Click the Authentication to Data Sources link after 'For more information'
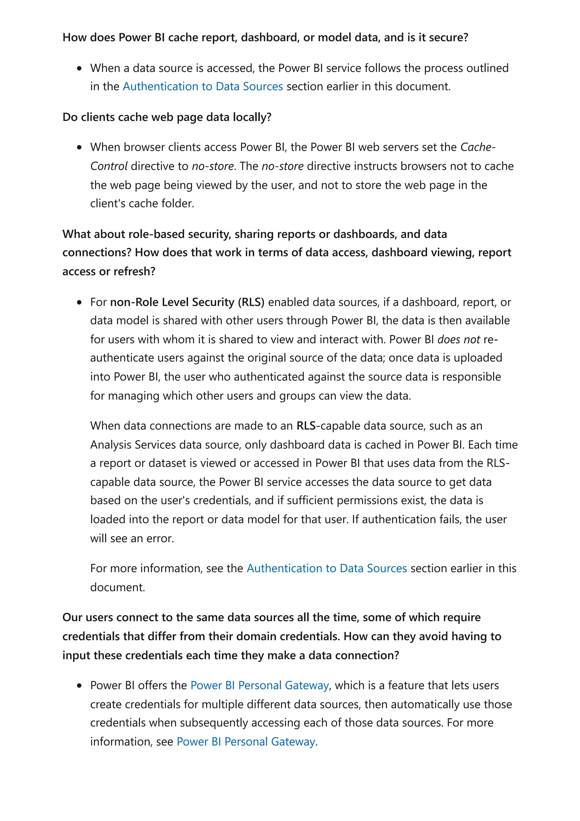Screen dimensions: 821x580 (x=327, y=568)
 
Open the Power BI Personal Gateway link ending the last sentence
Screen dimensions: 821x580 (x=246, y=742)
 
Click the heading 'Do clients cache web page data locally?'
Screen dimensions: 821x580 (x=167, y=117)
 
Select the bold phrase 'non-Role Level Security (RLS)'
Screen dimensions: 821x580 (x=187, y=302)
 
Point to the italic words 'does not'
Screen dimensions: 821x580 (x=459, y=339)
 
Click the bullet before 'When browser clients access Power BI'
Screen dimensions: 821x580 (x=79, y=147)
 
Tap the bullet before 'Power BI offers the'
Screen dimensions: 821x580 (x=79, y=686)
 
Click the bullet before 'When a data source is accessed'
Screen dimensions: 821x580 (x=79, y=68)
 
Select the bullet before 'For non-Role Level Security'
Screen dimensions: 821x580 (x=79, y=303)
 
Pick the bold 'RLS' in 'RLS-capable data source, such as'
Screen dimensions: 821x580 (x=306, y=426)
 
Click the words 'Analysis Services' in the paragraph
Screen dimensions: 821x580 (x=133, y=444)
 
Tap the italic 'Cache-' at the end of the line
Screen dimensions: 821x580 (x=478, y=147)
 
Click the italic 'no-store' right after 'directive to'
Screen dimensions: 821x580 (x=213, y=166)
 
